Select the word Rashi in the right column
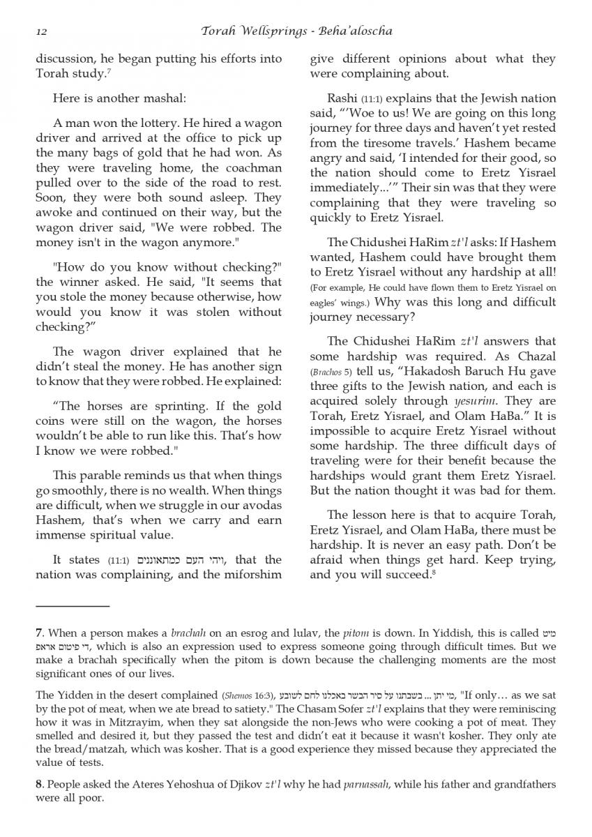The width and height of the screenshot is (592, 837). point(342,98)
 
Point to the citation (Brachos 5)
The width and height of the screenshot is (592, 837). point(334,372)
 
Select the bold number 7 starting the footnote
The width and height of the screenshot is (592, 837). point(39,633)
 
